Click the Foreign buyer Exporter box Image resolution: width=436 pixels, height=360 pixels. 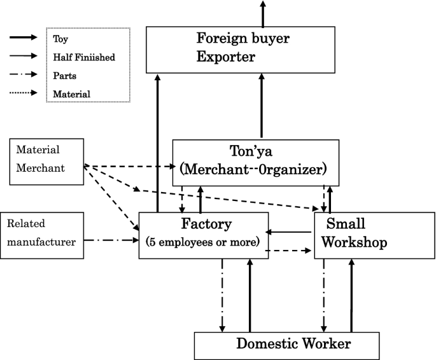tap(241, 49)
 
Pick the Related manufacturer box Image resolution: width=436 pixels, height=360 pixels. tap(43, 235)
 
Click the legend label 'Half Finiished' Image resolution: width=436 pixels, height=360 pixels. tap(84, 57)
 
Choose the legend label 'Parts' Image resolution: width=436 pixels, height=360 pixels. tap(65, 75)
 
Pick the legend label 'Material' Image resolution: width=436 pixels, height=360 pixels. tap(71, 93)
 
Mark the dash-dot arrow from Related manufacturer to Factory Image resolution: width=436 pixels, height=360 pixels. tap(111, 240)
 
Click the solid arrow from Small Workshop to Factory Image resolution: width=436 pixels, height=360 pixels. tap(290, 232)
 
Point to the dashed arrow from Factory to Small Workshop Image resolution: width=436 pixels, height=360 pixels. tap(290, 251)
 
